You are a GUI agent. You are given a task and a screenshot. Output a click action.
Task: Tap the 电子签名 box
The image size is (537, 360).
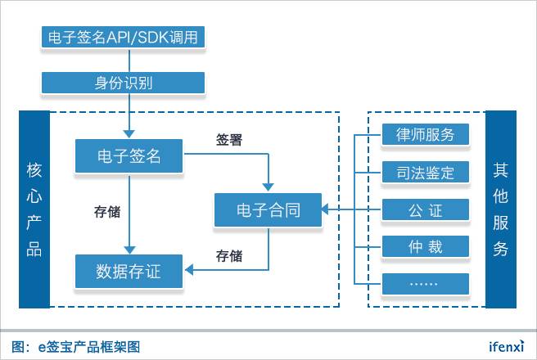tap(129, 155)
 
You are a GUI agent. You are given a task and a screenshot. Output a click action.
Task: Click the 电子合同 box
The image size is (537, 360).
tap(268, 210)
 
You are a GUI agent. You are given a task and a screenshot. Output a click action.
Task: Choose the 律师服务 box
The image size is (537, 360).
tap(426, 134)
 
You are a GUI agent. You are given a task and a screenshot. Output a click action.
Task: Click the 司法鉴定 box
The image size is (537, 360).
tap(426, 172)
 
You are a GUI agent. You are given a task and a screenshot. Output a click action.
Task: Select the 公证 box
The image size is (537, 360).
tap(426, 210)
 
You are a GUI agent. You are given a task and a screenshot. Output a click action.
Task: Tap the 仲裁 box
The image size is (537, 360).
tap(426, 246)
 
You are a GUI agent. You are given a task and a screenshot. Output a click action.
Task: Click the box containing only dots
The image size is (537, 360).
tap(426, 283)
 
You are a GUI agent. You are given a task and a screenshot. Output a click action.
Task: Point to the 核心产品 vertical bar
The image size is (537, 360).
tap(34, 209)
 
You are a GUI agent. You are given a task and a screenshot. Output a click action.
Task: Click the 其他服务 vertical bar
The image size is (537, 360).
tap(501, 209)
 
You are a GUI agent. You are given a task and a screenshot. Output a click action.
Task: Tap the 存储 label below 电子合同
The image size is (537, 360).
tap(228, 255)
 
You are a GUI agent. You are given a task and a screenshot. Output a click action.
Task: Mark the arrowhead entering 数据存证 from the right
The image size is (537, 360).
tap(187, 268)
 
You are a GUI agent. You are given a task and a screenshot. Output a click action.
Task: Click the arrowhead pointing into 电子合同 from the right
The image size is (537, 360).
tap(325, 210)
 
